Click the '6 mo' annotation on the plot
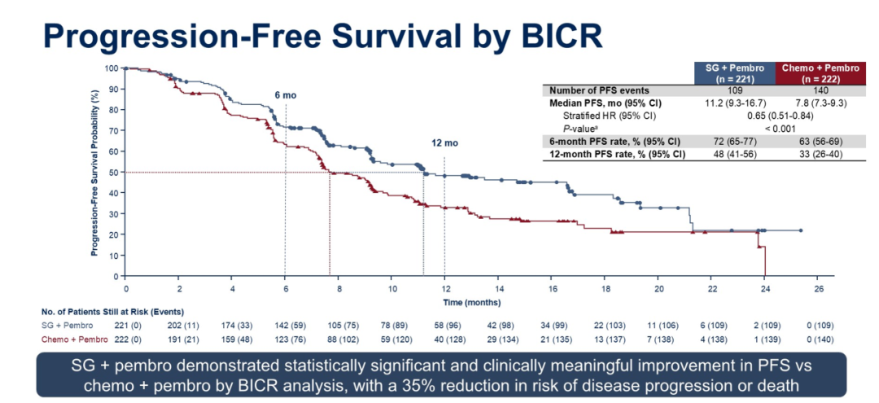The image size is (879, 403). coord(285,95)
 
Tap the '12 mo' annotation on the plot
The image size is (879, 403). coord(444,143)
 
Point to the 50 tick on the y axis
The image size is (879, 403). coord(112,172)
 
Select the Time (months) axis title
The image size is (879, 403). coord(471,301)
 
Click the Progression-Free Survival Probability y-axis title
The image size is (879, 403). coord(95,173)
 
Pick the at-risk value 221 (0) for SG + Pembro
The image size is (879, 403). coord(126,325)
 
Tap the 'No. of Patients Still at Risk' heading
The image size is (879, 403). coord(112,312)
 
